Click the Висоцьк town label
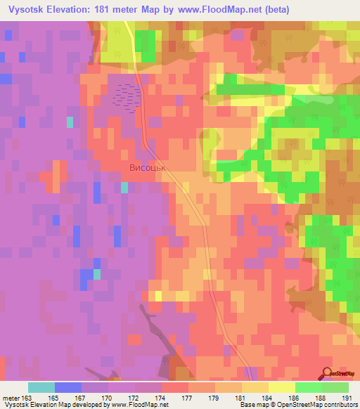click(x=151, y=169)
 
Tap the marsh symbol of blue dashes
click(x=125, y=98)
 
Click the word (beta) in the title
click(x=274, y=9)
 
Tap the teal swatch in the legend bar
click(x=41, y=387)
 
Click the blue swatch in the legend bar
click(x=67, y=387)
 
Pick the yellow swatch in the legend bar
click(x=281, y=387)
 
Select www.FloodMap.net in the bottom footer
click(x=139, y=405)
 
